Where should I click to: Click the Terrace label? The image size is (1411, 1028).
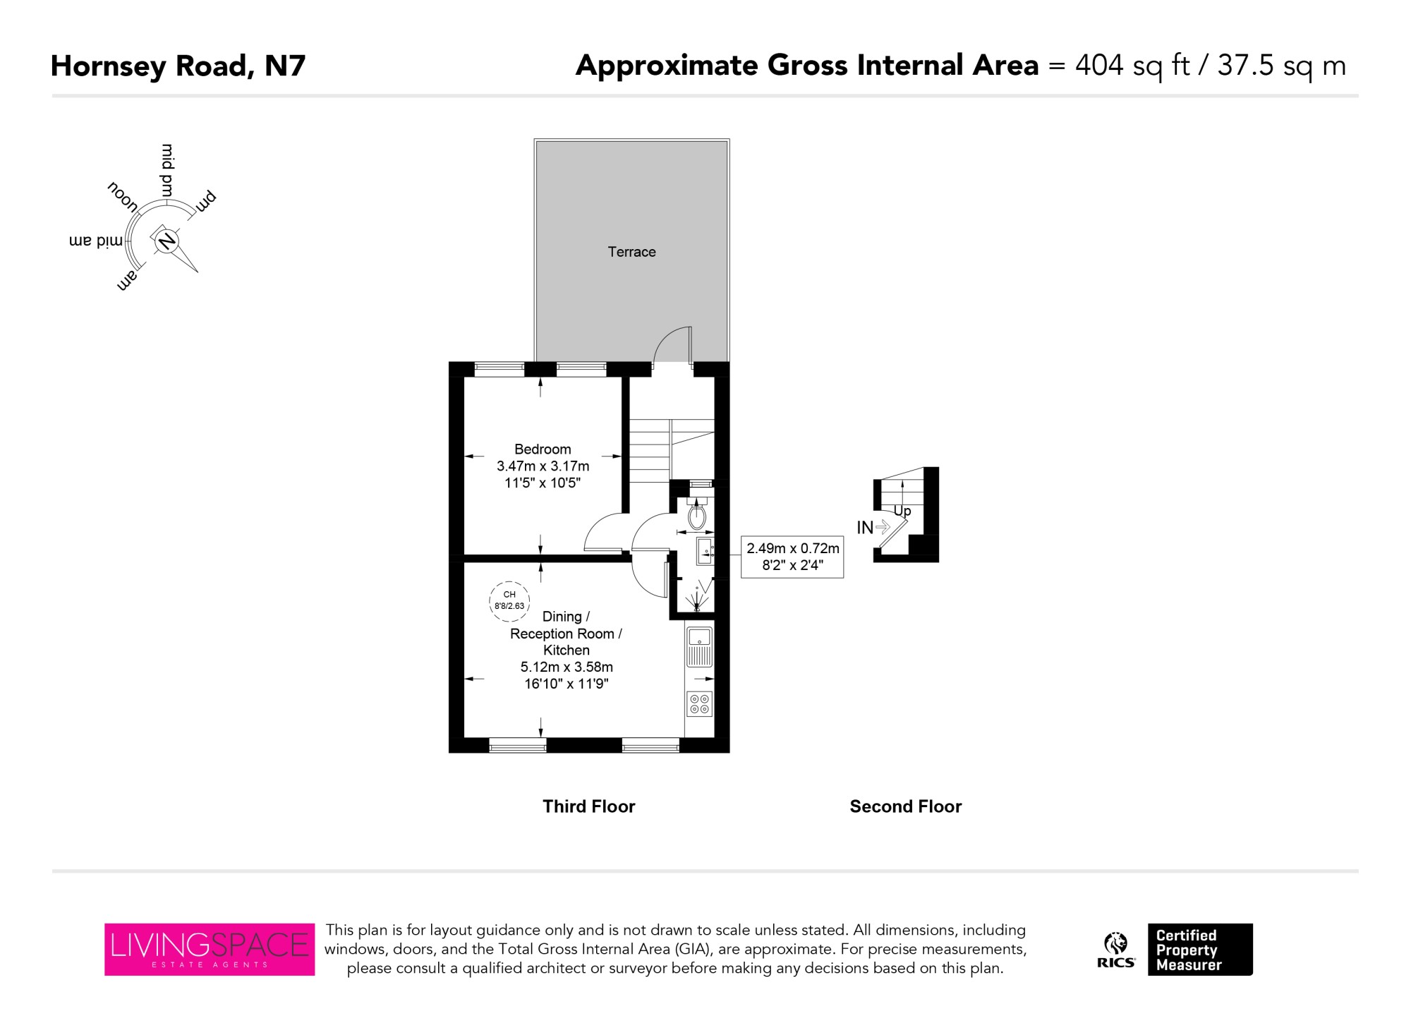click(x=631, y=252)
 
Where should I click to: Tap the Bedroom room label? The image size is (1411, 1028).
click(x=543, y=449)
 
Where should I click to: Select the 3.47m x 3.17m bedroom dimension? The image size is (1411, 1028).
click(x=543, y=466)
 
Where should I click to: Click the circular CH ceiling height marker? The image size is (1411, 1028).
click(x=509, y=600)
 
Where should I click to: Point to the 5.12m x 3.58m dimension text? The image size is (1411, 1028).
click(x=567, y=667)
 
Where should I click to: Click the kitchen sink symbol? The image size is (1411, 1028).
click(x=700, y=646)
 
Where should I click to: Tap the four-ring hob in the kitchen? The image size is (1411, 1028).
click(x=700, y=703)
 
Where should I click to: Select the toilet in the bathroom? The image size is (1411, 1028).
click(x=697, y=514)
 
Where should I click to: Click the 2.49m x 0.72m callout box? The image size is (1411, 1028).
click(x=792, y=557)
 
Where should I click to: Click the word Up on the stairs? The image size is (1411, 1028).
click(x=902, y=511)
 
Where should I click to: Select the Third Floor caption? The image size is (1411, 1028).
click(x=589, y=806)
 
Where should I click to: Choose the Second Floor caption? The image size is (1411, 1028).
click(x=906, y=806)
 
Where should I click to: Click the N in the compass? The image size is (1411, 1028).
click(x=167, y=241)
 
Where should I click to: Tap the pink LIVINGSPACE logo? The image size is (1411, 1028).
click(x=210, y=949)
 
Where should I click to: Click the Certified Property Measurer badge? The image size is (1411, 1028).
click(x=1200, y=950)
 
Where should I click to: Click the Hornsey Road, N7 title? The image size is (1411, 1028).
click(x=178, y=66)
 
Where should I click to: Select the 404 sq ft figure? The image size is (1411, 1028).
click(x=1132, y=66)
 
